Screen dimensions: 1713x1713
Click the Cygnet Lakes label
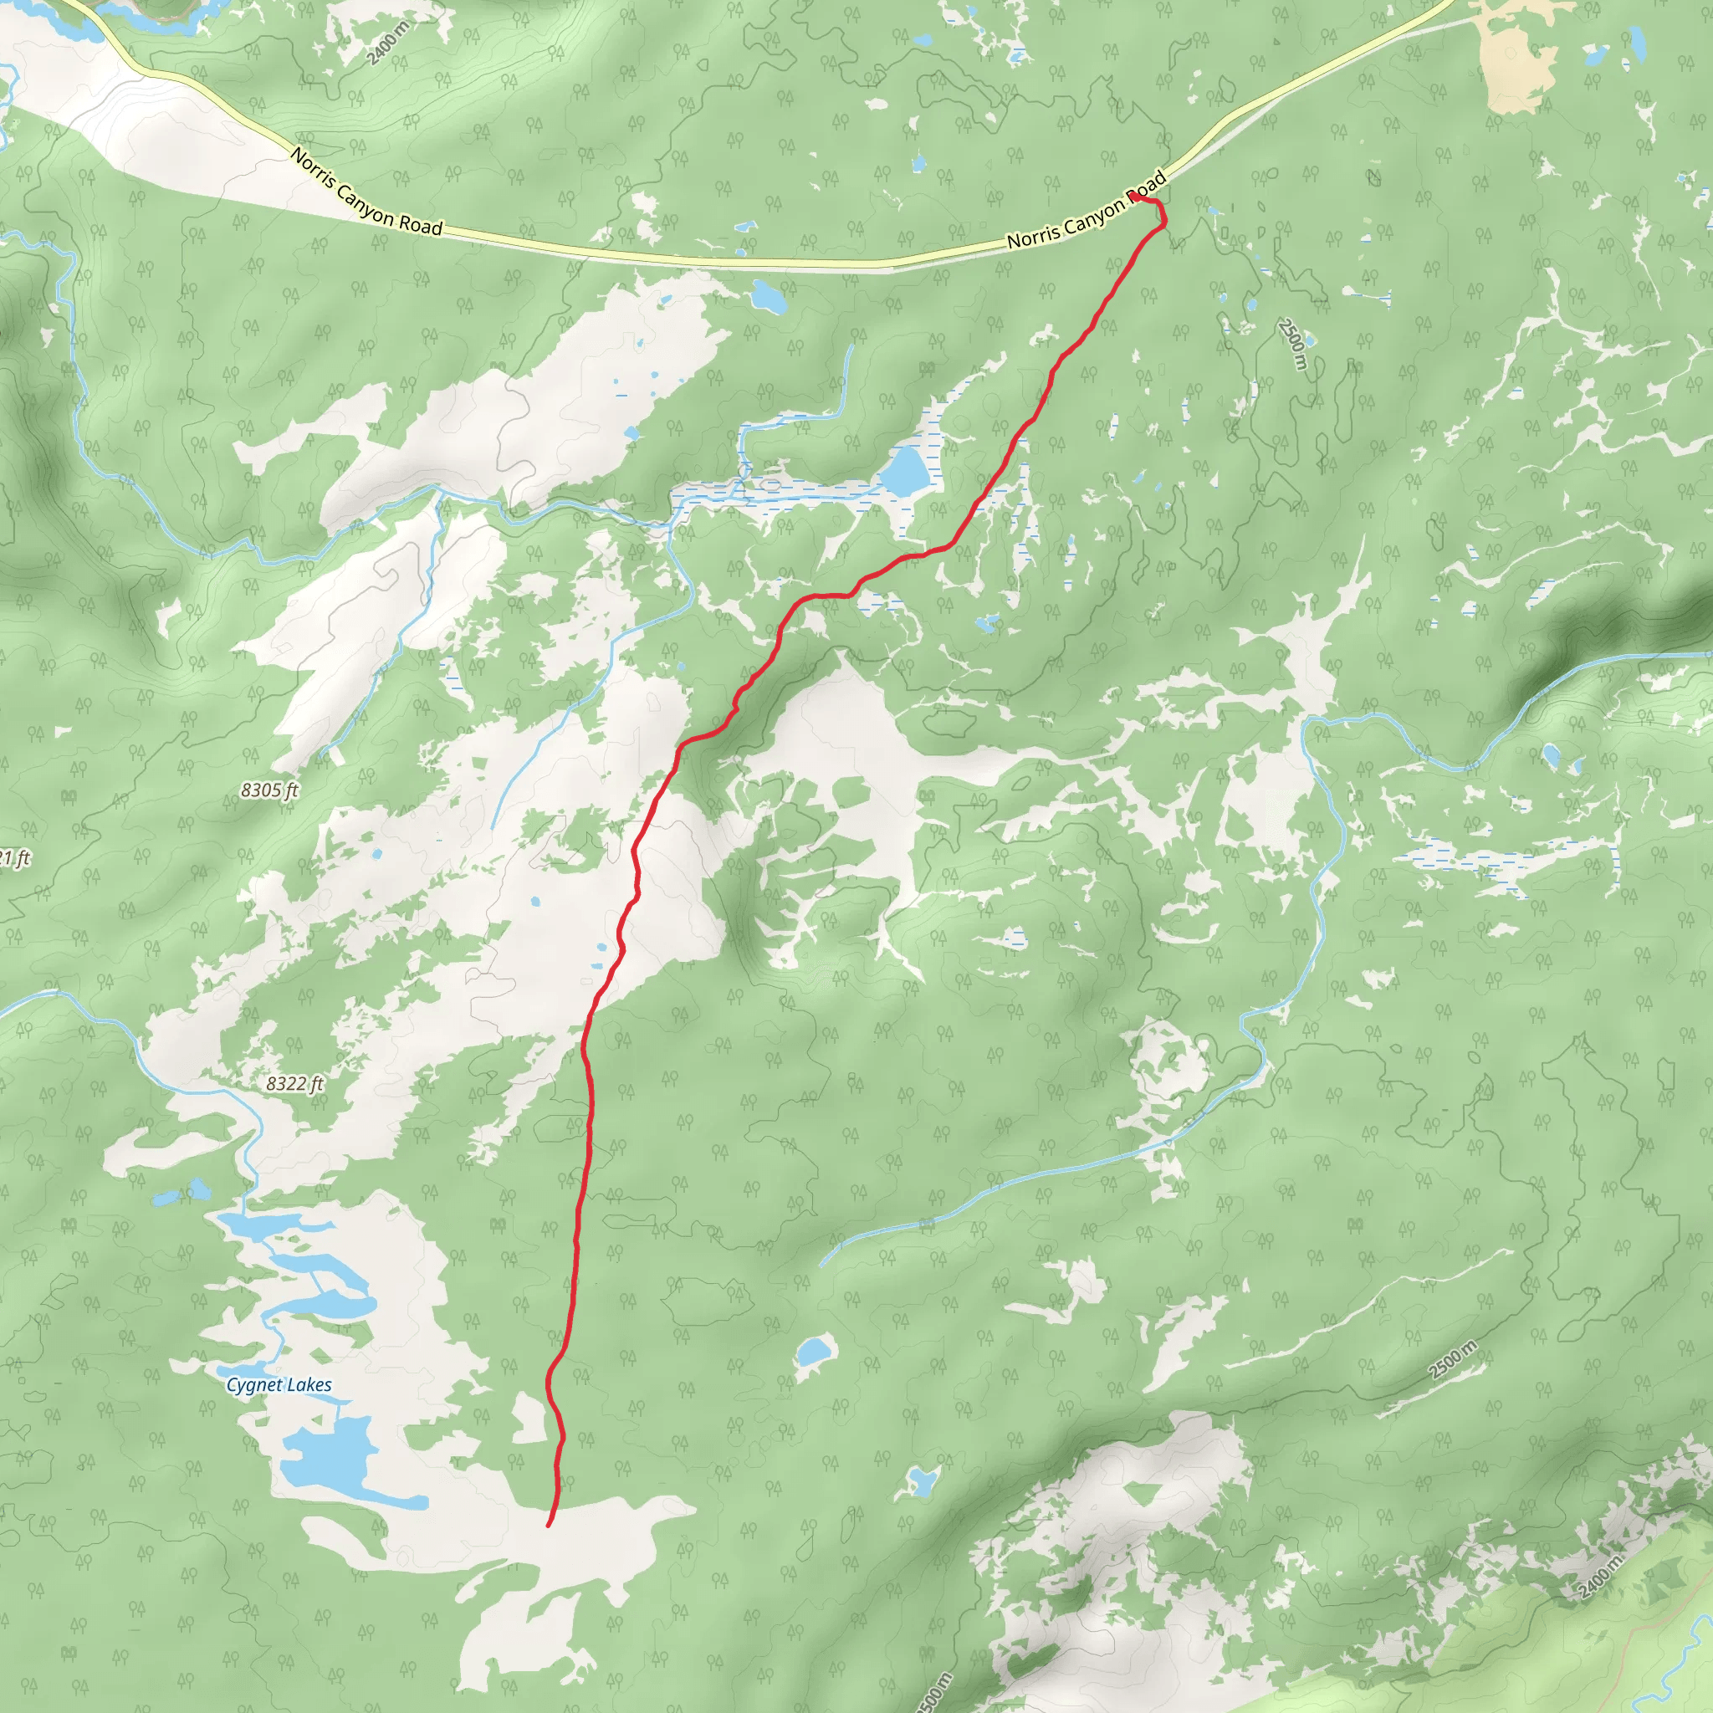tap(279, 1385)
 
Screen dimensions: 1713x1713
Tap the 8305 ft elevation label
tap(269, 790)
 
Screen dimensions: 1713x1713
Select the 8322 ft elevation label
tap(294, 1083)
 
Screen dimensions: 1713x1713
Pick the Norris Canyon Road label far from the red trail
tap(366, 192)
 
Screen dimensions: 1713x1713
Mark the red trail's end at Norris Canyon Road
tap(1133, 196)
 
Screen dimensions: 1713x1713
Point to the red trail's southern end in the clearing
tap(549, 1525)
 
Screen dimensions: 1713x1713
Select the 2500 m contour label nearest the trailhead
tap(1293, 344)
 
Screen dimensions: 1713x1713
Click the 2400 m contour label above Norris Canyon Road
tap(387, 43)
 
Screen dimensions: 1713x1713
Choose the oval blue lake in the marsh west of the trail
tap(904, 472)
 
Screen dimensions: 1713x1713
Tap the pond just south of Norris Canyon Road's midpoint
tap(768, 297)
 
